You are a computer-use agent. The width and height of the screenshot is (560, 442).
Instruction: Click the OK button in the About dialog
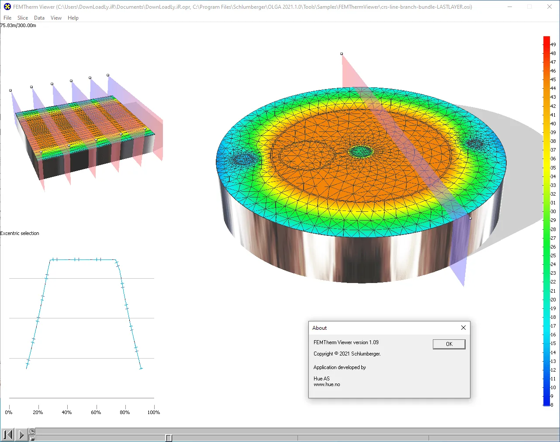click(449, 344)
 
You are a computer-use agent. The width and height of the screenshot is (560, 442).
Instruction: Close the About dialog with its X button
click(463, 328)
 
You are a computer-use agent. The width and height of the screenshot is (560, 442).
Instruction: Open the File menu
click(7, 18)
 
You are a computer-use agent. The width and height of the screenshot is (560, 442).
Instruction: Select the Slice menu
click(23, 18)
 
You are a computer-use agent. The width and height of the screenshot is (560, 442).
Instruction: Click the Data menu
click(39, 18)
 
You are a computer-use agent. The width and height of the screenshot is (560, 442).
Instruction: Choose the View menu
click(56, 18)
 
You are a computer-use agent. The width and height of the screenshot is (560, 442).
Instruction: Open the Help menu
click(73, 18)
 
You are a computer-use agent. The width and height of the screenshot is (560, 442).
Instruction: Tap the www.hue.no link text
click(327, 384)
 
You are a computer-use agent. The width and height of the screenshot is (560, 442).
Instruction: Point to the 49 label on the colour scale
click(553, 45)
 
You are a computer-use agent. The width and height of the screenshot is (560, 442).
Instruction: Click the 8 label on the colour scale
click(552, 405)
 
